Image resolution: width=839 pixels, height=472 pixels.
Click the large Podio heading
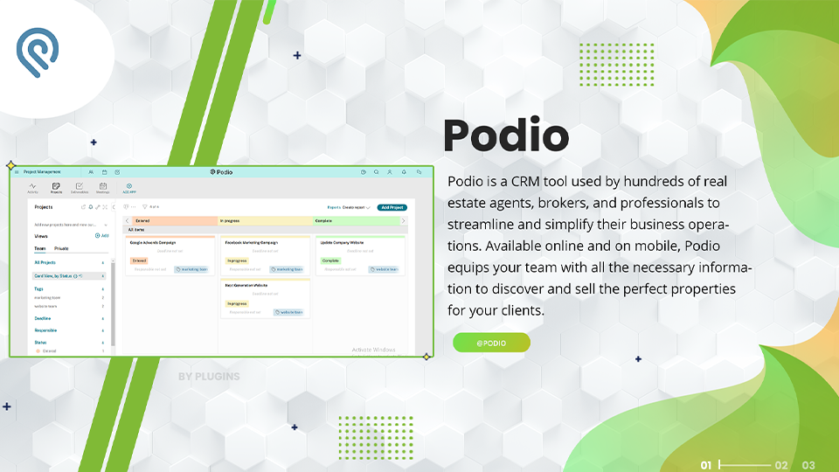(x=506, y=136)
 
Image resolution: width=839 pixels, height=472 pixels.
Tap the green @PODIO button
(x=491, y=343)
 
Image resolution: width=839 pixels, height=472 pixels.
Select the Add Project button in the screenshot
(x=392, y=207)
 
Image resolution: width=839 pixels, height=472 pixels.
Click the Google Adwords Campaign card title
(x=154, y=242)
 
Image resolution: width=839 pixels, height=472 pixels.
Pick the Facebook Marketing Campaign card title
(x=252, y=242)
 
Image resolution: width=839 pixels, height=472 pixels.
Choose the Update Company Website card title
(x=342, y=242)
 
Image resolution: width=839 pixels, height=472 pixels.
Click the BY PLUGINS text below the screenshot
(x=209, y=377)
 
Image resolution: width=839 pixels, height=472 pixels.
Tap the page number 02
(x=781, y=465)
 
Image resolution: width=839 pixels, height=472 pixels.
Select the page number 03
(x=808, y=465)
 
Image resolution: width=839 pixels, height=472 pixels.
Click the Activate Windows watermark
(x=373, y=350)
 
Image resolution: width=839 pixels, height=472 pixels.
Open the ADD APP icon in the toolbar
(x=128, y=187)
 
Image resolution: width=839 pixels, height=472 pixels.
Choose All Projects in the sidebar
(x=45, y=262)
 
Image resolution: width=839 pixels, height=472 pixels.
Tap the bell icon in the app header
(x=404, y=172)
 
